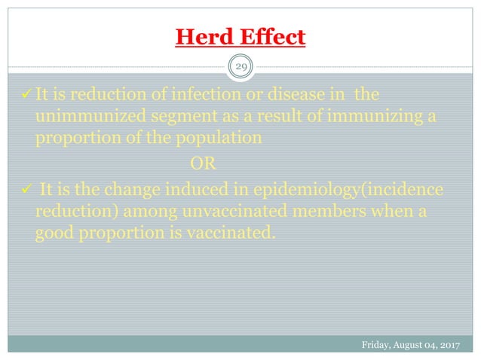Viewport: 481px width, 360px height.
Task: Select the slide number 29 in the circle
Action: point(240,68)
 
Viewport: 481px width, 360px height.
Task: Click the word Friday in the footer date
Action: point(377,346)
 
